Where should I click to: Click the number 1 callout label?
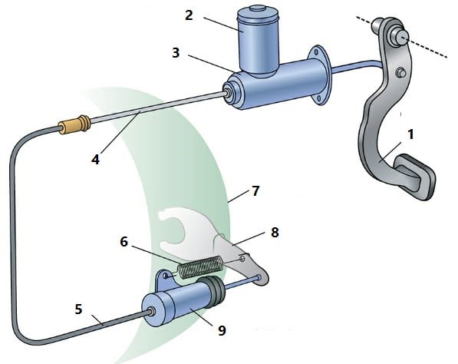[410, 135]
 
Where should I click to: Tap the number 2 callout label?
[189, 15]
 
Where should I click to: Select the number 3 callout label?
[176, 53]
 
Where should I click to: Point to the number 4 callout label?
[95, 160]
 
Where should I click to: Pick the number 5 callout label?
[78, 309]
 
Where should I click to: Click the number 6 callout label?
[124, 242]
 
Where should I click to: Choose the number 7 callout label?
[255, 191]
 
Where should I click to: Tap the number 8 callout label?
[275, 233]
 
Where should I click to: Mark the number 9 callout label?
[222, 331]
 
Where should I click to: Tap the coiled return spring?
[201, 266]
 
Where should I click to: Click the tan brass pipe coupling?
[74, 125]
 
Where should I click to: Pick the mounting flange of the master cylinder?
[320, 75]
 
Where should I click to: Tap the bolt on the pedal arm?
[401, 73]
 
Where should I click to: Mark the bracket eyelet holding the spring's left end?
[166, 276]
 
